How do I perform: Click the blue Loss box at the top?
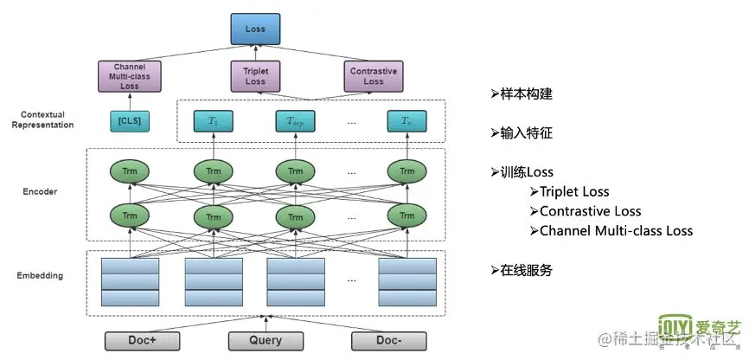pos(255,29)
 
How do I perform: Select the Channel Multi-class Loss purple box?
pos(130,76)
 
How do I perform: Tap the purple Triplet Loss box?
pos(255,76)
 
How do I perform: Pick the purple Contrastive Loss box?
pos(374,76)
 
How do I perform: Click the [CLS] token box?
pos(130,121)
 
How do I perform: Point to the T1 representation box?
pos(213,121)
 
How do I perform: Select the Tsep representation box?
pos(295,121)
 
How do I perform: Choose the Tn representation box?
pos(407,121)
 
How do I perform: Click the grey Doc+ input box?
pos(143,341)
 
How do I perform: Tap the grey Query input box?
pos(266,341)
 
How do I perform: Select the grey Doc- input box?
pos(389,341)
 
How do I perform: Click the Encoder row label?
pos(40,192)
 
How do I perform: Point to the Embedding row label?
pos(40,276)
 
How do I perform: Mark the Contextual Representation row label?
pos(43,120)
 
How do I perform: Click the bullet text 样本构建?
pos(526,94)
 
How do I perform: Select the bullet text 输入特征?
pos(526,133)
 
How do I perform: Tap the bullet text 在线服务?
pos(526,271)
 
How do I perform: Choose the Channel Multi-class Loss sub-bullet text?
pos(616,231)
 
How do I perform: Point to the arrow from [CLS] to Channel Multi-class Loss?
pos(130,101)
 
